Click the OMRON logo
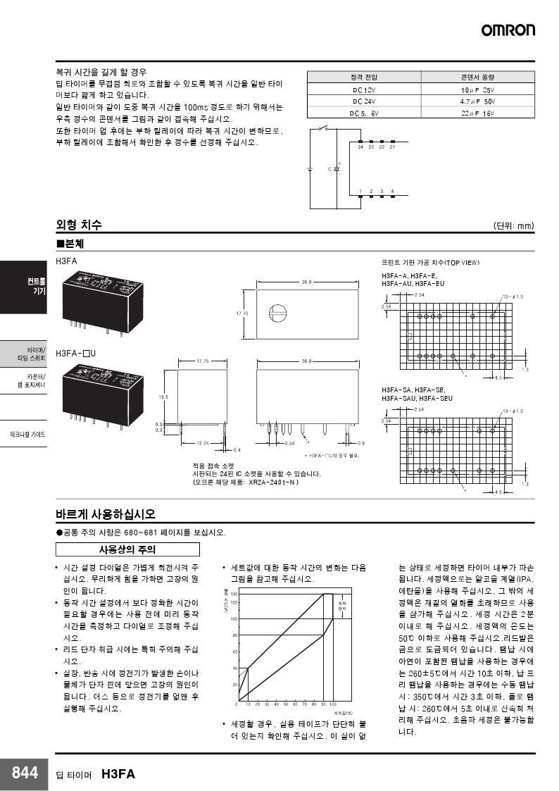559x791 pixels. (x=508, y=30)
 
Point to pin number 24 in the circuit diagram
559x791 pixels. (x=360, y=147)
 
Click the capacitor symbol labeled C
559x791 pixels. (x=336, y=170)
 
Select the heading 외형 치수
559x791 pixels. (x=79, y=225)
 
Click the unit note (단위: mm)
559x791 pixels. (x=513, y=226)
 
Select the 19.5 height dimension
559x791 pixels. (x=164, y=397)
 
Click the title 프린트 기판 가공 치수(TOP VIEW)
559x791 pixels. (x=430, y=262)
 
